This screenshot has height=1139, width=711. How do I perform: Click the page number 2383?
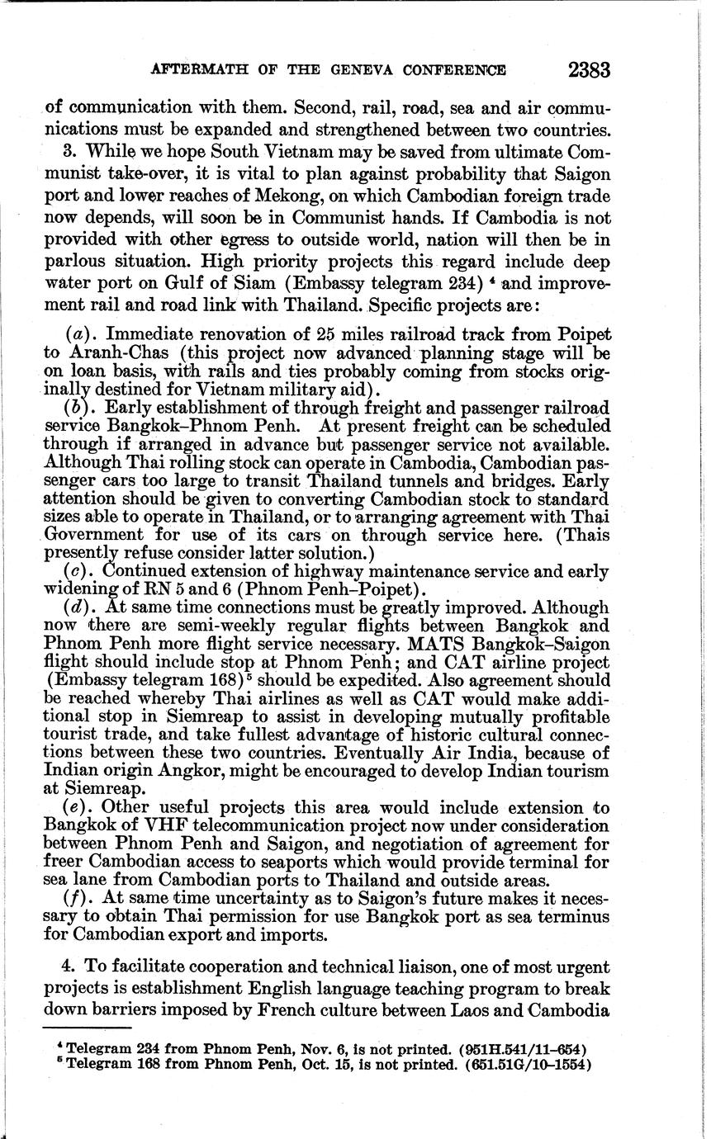pos(589,70)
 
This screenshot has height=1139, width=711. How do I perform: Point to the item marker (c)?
pos(80,571)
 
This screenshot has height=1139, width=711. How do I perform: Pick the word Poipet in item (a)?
pos(582,334)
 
